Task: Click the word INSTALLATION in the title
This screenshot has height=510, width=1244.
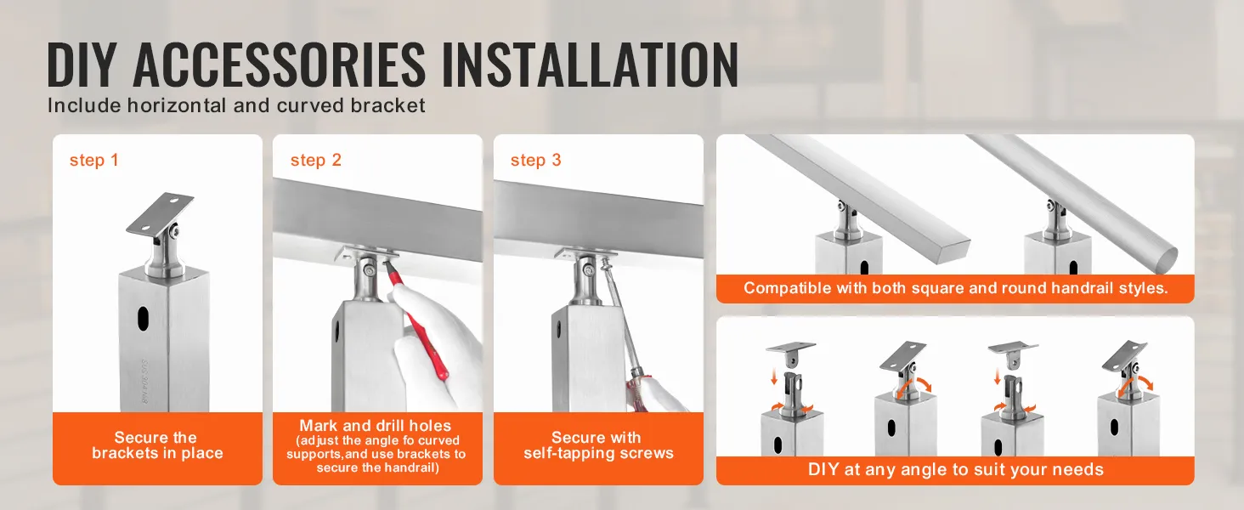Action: [x=590, y=65]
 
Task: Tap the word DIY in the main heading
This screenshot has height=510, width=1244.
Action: [x=81, y=65]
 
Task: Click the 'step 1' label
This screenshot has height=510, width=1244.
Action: [x=93, y=160]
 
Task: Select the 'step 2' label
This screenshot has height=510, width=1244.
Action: [x=315, y=160]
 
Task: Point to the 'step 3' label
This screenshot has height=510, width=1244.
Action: [x=536, y=160]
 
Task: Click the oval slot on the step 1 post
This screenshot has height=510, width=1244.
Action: [x=143, y=319]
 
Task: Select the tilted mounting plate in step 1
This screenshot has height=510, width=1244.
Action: [x=160, y=213]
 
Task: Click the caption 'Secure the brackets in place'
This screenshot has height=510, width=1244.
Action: [x=157, y=445]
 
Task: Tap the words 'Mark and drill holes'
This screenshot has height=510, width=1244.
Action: [x=376, y=426]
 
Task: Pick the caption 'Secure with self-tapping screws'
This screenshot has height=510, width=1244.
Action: [x=598, y=445]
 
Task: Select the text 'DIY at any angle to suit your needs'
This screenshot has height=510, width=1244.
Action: [x=955, y=469]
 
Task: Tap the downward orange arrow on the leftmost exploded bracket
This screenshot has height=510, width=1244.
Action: [x=773, y=377]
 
